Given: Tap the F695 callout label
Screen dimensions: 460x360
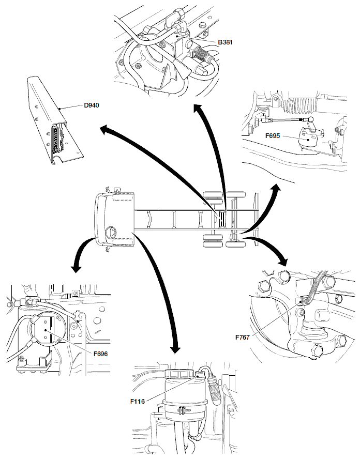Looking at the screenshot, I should click(272, 136).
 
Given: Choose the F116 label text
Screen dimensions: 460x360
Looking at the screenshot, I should click(138, 400).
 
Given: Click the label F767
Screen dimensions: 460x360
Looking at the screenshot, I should click(243, 337).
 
